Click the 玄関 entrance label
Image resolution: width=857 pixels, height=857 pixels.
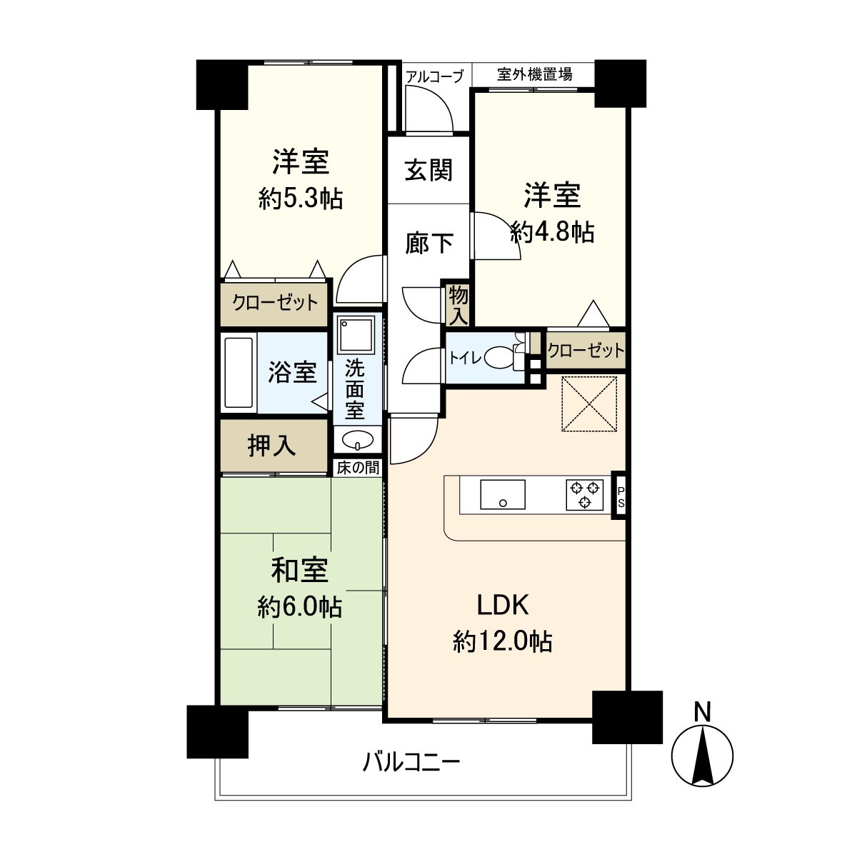(x=428, y=171)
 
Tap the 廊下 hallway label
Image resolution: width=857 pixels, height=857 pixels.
(x=428, y=243)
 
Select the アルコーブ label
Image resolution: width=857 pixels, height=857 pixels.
(x=435, y=76)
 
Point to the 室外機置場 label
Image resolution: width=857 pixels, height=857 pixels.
(x=534, y=74)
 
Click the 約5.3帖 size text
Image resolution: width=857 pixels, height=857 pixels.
(x=301, y=199)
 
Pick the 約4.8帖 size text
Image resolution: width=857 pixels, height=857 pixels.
(x=552, y=232)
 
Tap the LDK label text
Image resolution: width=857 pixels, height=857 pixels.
(x=503, y=606)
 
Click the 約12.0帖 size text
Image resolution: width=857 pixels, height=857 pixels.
(x=503, y=642)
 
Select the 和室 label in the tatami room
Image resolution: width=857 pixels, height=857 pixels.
(x=300, y=571)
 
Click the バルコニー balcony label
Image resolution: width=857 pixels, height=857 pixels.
(x=411, y=762)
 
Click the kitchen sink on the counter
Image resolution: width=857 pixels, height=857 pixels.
(x=503, y=495)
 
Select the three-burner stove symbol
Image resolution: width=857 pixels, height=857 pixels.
(x=585, y=495)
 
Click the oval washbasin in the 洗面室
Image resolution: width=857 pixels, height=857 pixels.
(x=357, y=438)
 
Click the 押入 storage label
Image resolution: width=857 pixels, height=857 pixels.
(x=271, y=446)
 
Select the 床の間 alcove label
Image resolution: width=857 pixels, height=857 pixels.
(x=359, y=468)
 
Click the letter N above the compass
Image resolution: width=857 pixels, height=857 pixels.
(x=703, y=711)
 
